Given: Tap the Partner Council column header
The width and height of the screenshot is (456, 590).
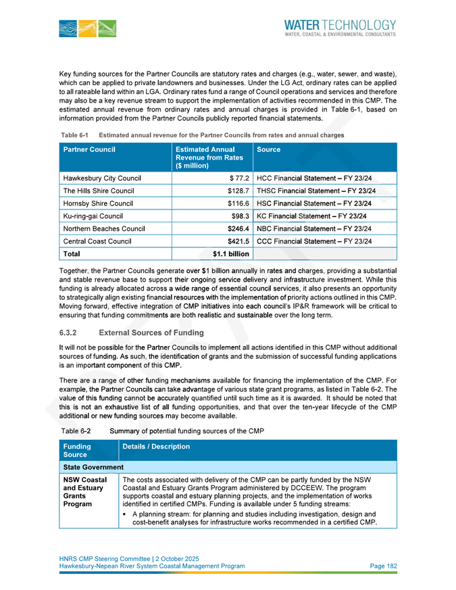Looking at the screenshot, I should [89, 148].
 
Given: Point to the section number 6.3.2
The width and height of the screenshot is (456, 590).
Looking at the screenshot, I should [70, 333].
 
